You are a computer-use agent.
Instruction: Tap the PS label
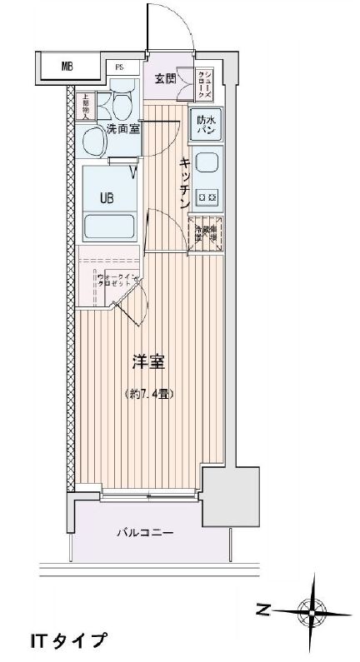click(x=120, y=67)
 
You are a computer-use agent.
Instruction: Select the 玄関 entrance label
click(x=165, y=79)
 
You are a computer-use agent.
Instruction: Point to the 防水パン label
click(x=205, y=125)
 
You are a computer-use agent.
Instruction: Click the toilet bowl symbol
click(x=122, y=106)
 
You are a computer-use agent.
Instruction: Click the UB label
click(x=107, y=197)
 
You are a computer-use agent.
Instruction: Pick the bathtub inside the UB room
click(x=110, y=226)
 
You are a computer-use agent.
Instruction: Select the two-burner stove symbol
click(x=206, y=197)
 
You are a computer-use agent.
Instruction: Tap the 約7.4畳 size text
click(x=149, y=394)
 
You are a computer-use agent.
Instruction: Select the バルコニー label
click(x=144, y=533)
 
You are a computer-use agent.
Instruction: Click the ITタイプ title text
click(x=68, y=641)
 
